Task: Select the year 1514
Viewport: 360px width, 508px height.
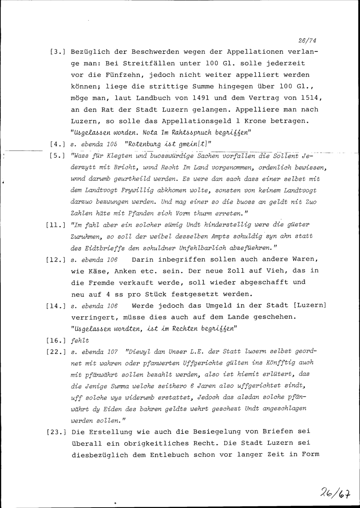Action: pyautogui.click(x=308, y=98)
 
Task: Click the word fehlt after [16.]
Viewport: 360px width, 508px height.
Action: pyautogui.click(x=80, y=340)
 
